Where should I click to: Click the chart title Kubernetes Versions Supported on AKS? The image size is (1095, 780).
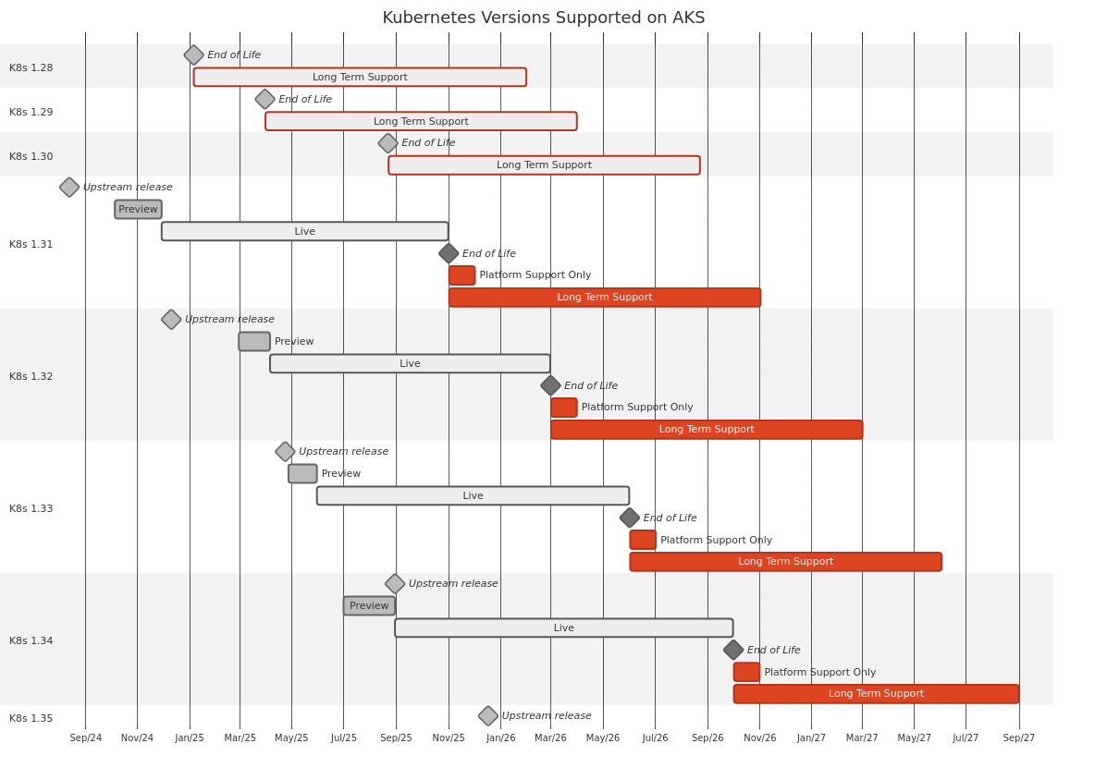click(544, 18)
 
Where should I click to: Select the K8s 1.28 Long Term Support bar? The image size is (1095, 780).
click(360, 78)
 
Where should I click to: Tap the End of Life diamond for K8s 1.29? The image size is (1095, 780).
click(265, 100)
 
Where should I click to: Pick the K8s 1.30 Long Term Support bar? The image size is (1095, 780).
click(544, 165)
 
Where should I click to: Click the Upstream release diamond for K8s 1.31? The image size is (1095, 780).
click(69, 188)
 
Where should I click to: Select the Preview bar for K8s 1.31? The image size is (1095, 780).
click(138, 210)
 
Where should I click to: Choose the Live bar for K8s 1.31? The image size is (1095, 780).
click(304, 232)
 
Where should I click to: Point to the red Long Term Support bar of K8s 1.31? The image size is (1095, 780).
click(605, 298)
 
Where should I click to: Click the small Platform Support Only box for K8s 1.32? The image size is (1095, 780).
click(564, 408)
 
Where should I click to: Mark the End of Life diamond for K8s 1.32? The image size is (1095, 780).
click(550, 386)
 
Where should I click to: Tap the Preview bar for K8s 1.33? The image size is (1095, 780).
click(302, 474)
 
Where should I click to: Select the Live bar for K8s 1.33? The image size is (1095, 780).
click(473, 496)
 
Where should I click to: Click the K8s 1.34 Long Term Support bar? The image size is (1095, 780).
click(876, 694)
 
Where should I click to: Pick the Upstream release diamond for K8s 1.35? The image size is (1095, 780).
click(488, 716)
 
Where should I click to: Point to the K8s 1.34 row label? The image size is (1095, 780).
click(31, 641)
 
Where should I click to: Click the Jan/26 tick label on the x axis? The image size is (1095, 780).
click(500, 738)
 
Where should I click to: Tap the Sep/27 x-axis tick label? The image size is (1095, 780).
click(1019, 738)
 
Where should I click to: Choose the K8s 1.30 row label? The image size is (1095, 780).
click(31, 157)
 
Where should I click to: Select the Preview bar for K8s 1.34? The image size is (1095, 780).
click(369, 606)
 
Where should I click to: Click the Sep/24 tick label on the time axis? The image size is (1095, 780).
click(86, 738)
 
